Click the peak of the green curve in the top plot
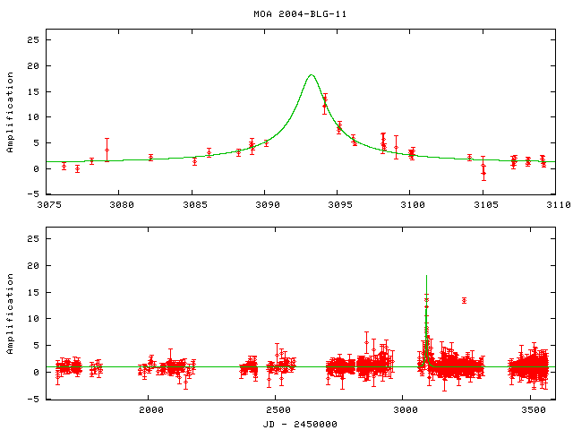point(311,75)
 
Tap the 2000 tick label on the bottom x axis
point(150,410)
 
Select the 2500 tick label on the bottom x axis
point(277,410)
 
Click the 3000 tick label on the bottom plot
point(405,410)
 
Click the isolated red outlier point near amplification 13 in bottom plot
point(464,300)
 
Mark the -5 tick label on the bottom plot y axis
point(34,399)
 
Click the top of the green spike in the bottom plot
point(427,276)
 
